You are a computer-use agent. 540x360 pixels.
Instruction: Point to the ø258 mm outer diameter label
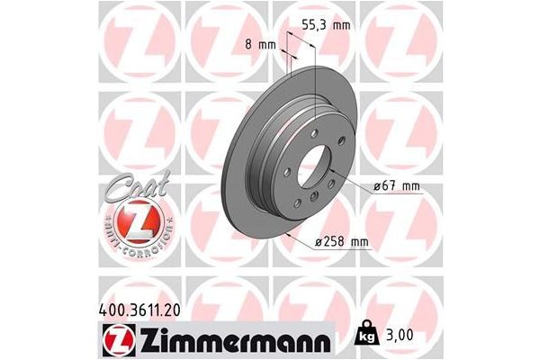tap(342, 242)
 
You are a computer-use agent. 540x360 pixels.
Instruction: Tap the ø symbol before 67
tap(377, 186)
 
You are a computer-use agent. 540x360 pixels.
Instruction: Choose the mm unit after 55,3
tap(340, 25)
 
